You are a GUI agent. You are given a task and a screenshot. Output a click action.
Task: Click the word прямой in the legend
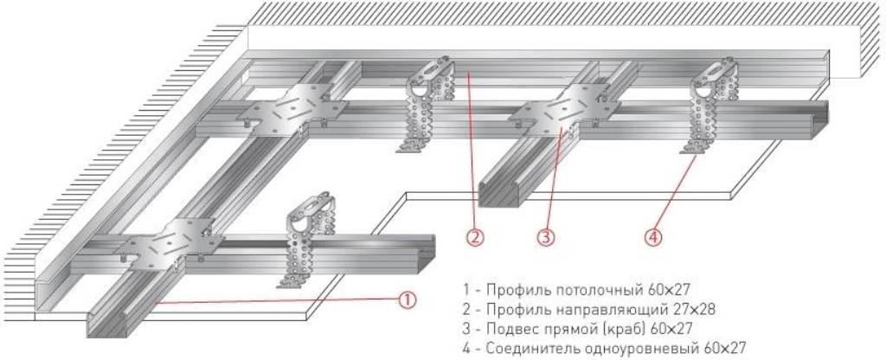click(566, 329)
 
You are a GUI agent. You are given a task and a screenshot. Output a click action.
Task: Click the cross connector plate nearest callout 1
click(173, 241)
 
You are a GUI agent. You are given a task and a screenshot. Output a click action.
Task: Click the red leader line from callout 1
click(277, 300)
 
